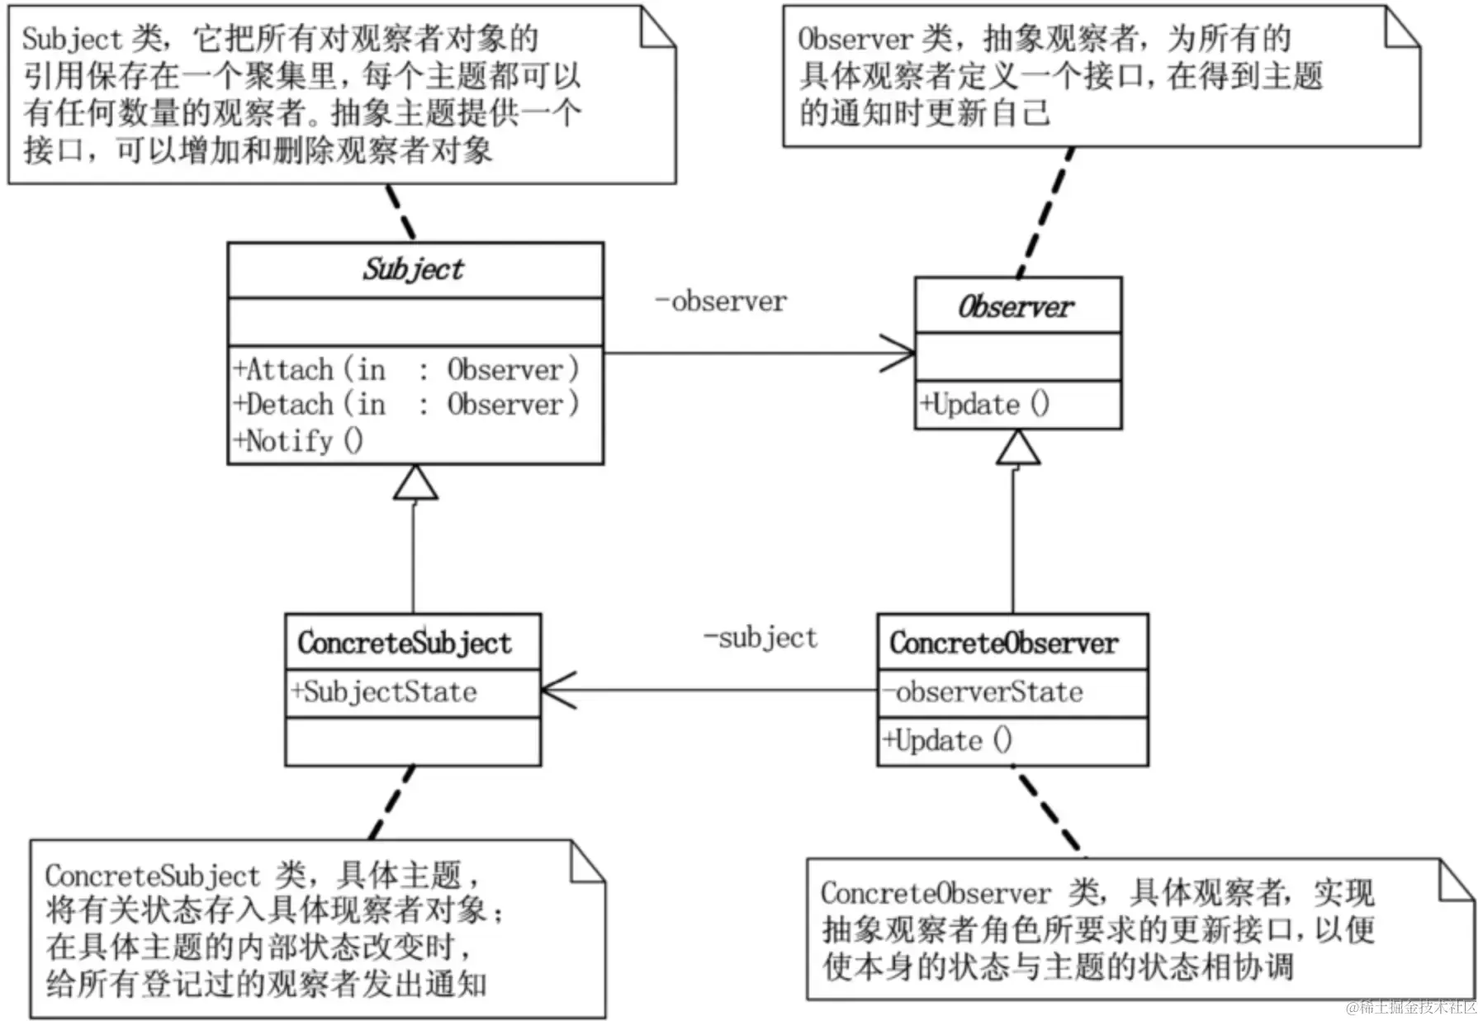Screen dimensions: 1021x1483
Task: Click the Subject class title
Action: click(x=414, y=269)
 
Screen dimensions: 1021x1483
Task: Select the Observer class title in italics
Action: click(x=1016, y=307)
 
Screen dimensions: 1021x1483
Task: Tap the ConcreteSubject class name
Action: click(x=405, y=643)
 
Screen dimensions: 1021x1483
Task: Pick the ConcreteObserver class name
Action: click(x=1004, y=643)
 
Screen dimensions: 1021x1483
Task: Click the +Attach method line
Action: click(x=406, y=369)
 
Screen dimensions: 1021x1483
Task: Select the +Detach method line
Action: click(x=406, y=405)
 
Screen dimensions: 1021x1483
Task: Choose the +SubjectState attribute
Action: click(x=384, y=692)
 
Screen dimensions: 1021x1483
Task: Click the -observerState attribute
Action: click(x=983, y=692)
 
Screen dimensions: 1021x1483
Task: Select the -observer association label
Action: click(x=721, y=302)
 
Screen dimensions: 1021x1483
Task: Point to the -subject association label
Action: click(x=760, y=638)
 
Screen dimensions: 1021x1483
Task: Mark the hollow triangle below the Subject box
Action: click(x=415, y=483)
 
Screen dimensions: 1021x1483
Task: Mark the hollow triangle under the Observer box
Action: click(x=1017, y=449)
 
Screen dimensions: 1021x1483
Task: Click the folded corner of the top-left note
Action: click(x=657, y=28)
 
